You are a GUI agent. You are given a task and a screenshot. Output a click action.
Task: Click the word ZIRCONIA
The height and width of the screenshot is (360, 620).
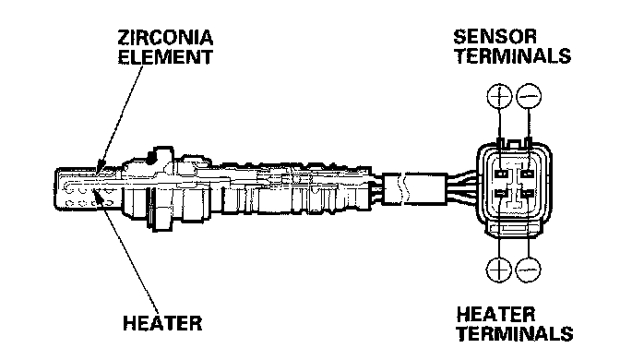(x=165, y=38)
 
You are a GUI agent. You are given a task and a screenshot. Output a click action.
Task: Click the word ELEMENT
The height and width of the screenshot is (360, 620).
(x=165, y=56)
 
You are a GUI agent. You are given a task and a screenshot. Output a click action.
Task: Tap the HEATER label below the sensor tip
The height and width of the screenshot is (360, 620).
(x=162, y=323)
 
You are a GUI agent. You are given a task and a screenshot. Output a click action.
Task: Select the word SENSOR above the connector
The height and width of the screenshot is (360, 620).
(x=495, y=36)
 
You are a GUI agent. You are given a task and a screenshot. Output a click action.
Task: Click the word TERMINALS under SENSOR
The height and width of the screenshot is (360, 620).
(x=513, y=55)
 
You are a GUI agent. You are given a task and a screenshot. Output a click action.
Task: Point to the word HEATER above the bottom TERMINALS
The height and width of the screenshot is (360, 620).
(x=495, y=315)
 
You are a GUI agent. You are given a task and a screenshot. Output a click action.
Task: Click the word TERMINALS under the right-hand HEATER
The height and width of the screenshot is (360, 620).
(x=515, y=333)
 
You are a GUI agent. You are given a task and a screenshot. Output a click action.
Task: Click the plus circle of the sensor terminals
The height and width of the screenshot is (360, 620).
(x=499, y=96)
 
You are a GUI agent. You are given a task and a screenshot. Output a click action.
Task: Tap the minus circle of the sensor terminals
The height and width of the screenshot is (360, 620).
(x=529, y=96)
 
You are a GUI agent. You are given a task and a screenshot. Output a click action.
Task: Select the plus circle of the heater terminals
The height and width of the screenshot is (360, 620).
(x=498, y=270)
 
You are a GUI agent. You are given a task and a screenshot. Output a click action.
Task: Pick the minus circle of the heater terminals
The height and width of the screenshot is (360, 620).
(x=529, y=270)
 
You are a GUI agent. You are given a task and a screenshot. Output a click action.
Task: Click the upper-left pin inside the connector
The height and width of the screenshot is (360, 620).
(x=501, y=174)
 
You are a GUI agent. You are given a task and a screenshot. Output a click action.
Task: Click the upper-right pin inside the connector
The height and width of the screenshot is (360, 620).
(x=528, y=174)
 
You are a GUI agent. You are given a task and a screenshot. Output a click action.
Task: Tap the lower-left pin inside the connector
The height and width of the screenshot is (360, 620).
(x=501, y=194)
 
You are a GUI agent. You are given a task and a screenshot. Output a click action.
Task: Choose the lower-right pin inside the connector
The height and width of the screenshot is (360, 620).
(x=528, y=194)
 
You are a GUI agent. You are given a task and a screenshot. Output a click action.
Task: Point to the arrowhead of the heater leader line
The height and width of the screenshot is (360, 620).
(x=98, y=193)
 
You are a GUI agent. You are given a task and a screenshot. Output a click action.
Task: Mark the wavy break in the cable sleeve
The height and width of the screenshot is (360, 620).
(x=403, y=189)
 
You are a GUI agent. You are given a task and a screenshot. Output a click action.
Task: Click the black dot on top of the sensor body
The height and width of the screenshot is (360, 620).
(x=151, y=157)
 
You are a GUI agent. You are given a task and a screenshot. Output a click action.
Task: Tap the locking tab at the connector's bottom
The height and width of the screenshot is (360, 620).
(x=515, y=229)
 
